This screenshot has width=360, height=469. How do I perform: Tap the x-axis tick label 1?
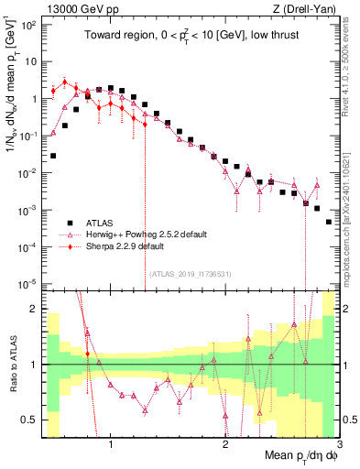click(x=111, y=445)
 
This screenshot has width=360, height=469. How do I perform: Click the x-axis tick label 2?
click(x=225, y=445)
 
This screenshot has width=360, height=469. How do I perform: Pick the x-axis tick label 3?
click(x=339, y=445)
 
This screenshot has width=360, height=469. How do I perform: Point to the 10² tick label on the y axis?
click(x=30, y=25)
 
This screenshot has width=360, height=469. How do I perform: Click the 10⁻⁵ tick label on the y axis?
click(x=30, y=284)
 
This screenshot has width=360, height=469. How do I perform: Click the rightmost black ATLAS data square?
click(x=329, y=222)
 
